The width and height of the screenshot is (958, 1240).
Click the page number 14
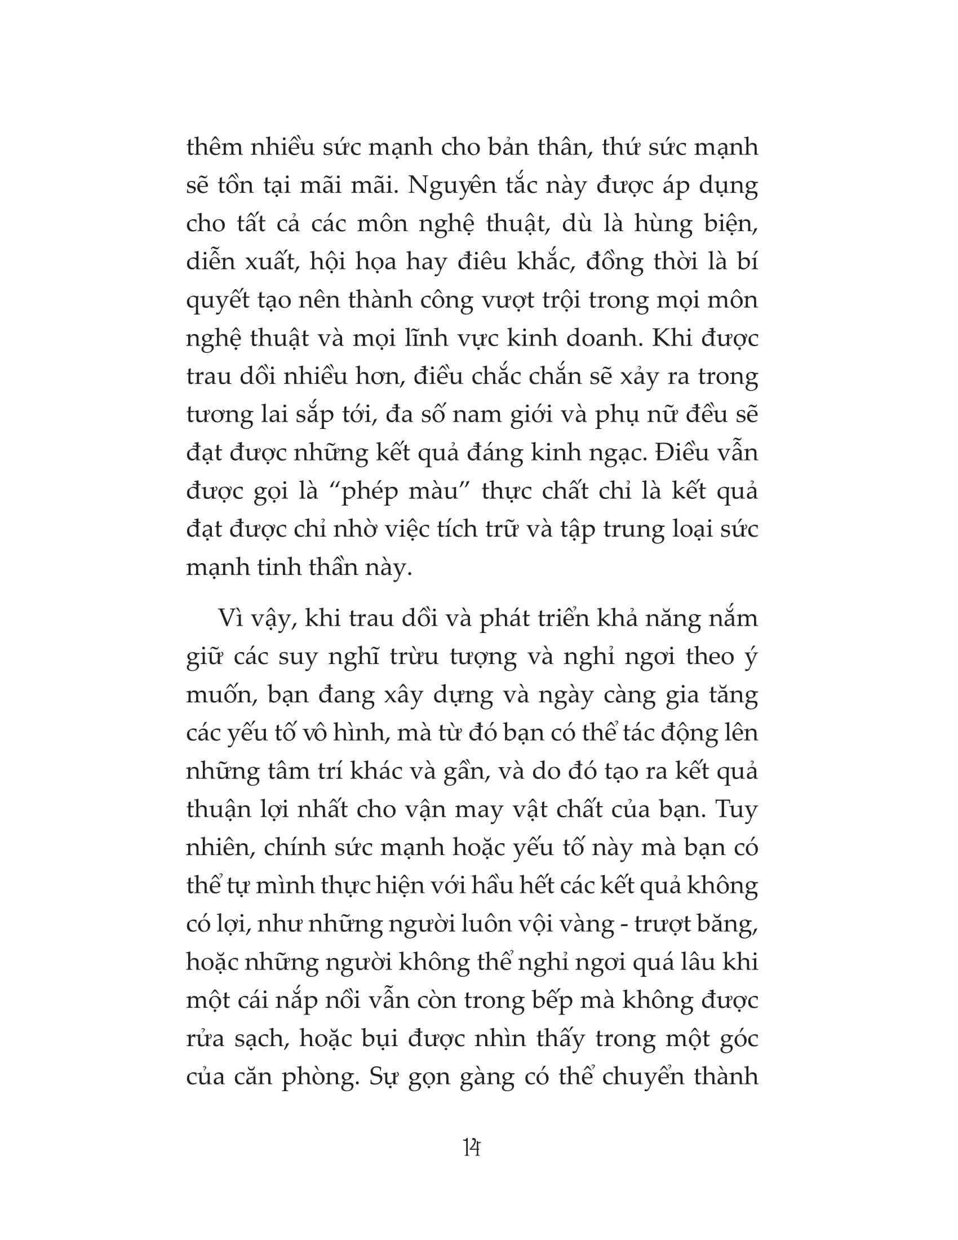coord(472,1148)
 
